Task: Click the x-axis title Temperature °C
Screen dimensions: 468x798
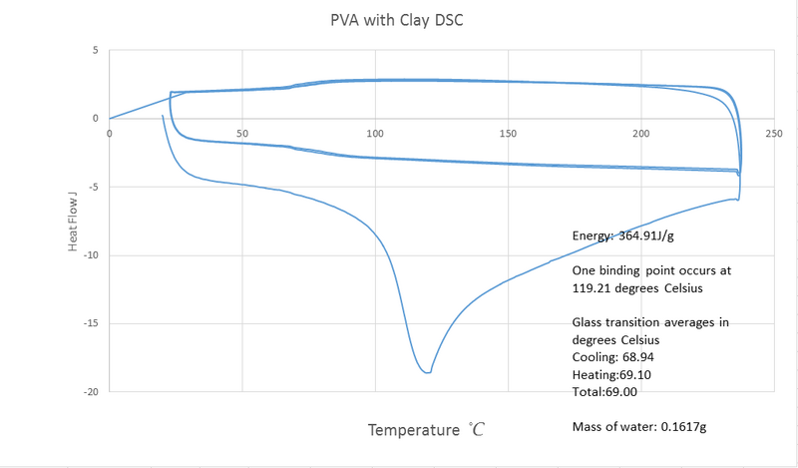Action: (x=426, y=430)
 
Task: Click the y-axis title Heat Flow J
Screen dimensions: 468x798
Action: (x=74, y=222)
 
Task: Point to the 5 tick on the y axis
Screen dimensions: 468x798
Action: (x=94, y=50)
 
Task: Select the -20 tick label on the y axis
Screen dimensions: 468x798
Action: (x=90, y=392)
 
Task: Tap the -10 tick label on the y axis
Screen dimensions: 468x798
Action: (x=90, y=255)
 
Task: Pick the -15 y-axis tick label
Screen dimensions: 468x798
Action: (x=90, y=324)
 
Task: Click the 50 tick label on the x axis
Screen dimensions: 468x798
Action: (x=241, y=132)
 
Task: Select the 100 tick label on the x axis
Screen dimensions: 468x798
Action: (x=375, y=132)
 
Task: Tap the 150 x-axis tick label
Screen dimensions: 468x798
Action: (x=508, y=132)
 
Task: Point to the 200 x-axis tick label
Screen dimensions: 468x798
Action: (x=641, y=132)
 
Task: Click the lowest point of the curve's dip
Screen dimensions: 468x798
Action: (x=427, y=372)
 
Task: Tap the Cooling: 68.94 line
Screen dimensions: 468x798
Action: (x=613, y=356)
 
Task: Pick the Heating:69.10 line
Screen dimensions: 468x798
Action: (x=612, y=374)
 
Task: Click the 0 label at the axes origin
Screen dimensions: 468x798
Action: (x=110, y=132)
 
